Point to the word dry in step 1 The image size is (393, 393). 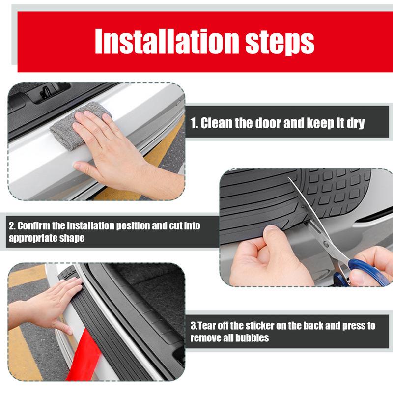coord(355,123)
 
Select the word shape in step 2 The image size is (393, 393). coord(72,238)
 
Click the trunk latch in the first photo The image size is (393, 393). coord(47,91)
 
